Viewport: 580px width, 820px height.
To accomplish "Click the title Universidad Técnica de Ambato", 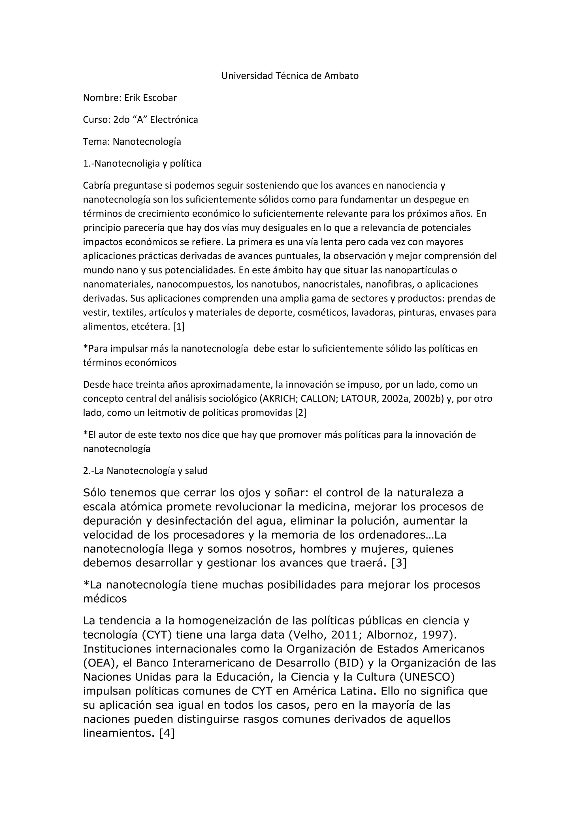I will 290,76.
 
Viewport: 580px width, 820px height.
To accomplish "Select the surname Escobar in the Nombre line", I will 160,98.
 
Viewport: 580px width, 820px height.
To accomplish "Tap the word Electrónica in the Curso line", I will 174,120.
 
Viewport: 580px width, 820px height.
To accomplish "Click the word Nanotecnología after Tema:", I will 147,142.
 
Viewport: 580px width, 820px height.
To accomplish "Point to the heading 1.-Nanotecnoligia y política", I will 142,164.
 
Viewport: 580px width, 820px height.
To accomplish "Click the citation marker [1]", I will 179,326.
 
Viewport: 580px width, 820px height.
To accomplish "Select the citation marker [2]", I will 300,413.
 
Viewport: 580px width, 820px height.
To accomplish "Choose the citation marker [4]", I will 167,733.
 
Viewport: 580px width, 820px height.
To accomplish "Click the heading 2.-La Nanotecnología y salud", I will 145,471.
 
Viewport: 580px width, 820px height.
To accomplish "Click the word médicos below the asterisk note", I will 105,599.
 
